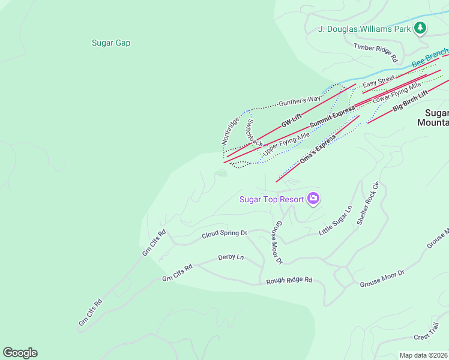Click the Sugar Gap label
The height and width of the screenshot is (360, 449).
click(111, 43)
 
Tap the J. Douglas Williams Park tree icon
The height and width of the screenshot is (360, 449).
click(421, 28)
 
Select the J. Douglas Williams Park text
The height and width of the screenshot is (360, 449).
click(364, 29)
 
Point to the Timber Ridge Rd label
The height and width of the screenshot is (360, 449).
click(376, 53)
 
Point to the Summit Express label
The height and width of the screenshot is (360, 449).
click(332, 116)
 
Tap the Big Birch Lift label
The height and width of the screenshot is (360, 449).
click(411, 101)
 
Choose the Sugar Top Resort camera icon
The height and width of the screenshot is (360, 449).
click(313, 199)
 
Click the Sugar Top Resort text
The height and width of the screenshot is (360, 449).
click(271, 199)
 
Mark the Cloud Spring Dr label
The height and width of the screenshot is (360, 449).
click(224, 233)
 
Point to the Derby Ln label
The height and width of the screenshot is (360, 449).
click(231, 257)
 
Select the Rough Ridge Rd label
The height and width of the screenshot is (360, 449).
click(289, 280)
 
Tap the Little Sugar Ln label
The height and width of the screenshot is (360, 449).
click(335, 221)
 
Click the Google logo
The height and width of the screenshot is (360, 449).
click(20, 353)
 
